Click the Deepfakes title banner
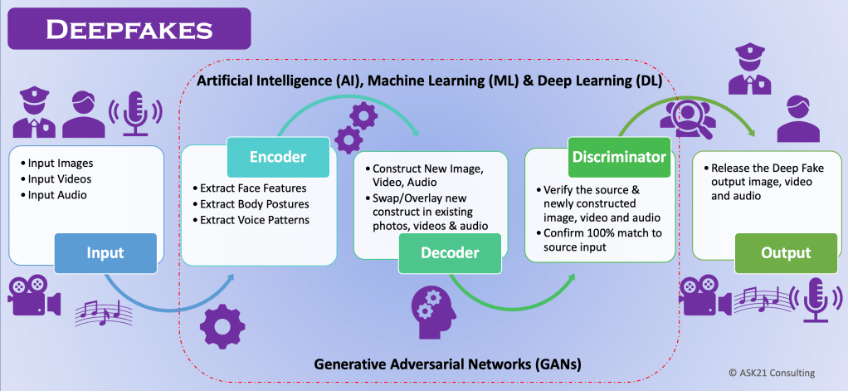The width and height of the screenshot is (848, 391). click(129, 31)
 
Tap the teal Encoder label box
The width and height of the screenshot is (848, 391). click(278, 156)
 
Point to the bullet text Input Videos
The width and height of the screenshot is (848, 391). click(57, 178)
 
